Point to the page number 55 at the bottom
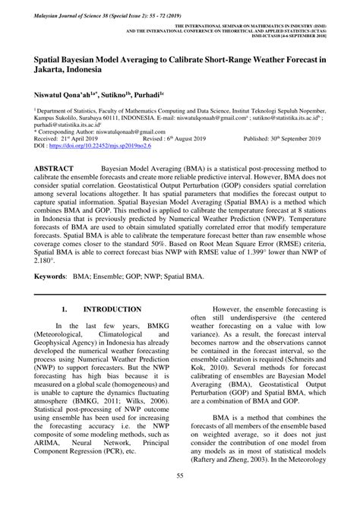[x=180, y=497]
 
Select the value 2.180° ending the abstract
[x=42, y=259]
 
